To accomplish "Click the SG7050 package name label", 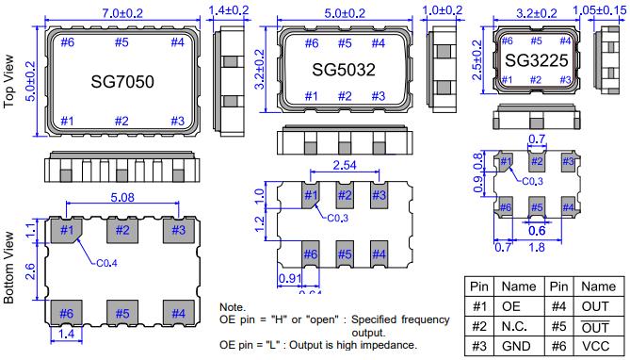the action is click(x=122, y=82).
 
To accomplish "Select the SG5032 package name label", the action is click(x=344, y=70).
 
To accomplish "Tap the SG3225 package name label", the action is click(x=537, y=60).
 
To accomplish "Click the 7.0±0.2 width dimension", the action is click(x=122, y=13).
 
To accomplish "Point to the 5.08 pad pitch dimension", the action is click(x=122, y=197).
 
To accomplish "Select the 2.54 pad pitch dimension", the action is click(x=345, y=165).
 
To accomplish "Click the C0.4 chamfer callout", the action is click(x=106, y=264).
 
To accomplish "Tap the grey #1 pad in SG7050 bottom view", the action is click(x=67, y=231).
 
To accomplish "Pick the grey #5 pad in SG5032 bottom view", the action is click(x=345, y=254).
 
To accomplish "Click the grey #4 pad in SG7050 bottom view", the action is click(x=178, y=313).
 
